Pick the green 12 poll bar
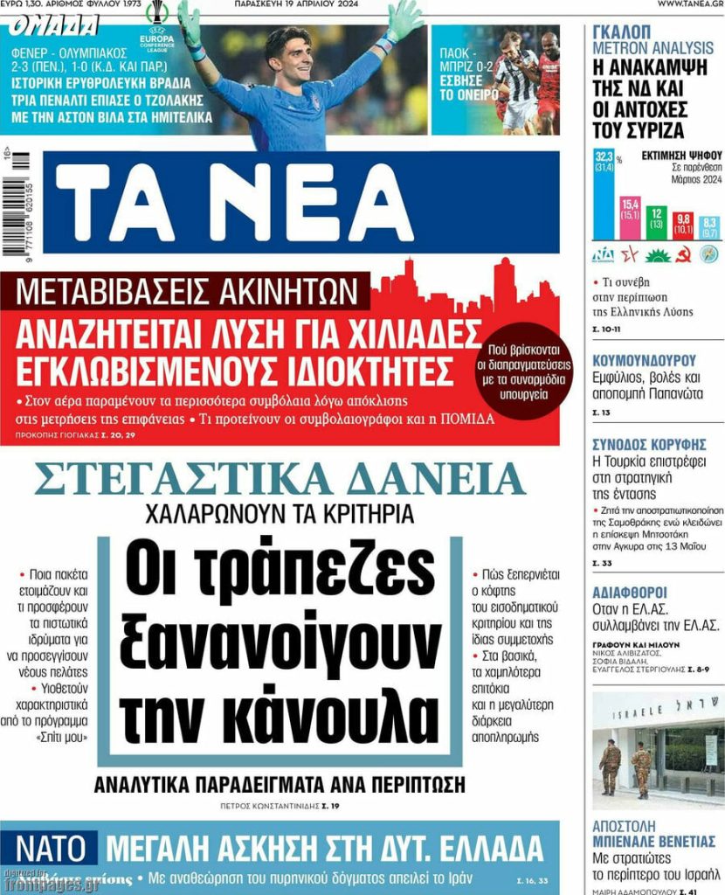656,222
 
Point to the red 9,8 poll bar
683,225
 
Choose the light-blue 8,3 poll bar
708,227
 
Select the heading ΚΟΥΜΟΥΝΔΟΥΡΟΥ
644,360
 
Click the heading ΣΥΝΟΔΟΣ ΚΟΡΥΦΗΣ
645,443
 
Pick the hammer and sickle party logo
684,255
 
